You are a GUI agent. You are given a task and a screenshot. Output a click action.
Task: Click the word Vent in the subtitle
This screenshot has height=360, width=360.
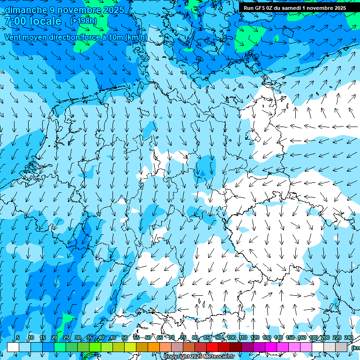(x=14, y=37)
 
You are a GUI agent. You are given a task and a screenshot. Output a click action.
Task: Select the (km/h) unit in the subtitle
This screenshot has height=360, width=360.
(x=136, y=37)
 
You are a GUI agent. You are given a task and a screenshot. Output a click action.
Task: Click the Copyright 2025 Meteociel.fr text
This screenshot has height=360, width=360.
(x=199, y=357)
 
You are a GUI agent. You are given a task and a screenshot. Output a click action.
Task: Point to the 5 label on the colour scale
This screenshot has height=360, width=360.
(x=18, y=337)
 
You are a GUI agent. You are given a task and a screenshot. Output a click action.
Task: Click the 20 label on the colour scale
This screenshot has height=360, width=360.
(x=54, y=337)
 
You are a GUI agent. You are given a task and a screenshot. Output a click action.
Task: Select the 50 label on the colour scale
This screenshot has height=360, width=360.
(x=125, y=337)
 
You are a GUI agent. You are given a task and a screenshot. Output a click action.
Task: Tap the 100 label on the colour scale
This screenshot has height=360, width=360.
(x=231, y=337)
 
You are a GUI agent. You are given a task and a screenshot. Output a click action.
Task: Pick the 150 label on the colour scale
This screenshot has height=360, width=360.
(x=290, y=337)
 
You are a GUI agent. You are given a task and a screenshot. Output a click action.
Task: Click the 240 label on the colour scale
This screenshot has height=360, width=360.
(x=349, y=337)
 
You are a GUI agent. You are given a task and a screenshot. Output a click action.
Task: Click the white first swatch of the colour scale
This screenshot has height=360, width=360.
(x=13, y=347)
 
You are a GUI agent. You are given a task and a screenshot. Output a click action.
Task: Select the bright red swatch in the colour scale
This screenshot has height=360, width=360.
(x=212, y=347)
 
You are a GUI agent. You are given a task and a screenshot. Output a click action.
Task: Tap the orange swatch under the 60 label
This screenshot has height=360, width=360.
(x=154, y=347)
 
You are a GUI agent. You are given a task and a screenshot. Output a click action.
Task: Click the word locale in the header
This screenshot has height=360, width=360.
(x=45, y=21)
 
